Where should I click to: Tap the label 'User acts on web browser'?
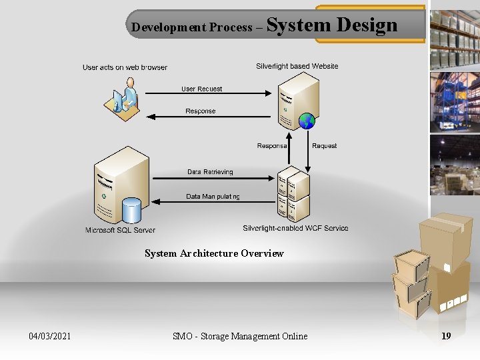pyautogui.click(x=125, y=67)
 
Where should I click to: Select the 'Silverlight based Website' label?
pyautogui.click(x=297, y=66)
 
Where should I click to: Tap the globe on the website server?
pyautogui.click(x=307, y=121)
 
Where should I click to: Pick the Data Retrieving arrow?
pyautogui.click(x=213, y=178)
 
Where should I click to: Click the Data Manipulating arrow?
pyautogui.click(x=213, y=203)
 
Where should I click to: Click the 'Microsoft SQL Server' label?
pyautogui.click(x=120, y=230)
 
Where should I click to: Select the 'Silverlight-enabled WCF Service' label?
pyautogui.click(x=295, y=228)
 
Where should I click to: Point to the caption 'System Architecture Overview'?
pyautogui.click(x=214, y=253)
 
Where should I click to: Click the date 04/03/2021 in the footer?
pyautogui.click(x=50, y=336)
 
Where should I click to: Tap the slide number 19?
pyautogui.click(x=446, y=336)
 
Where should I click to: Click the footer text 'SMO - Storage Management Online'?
pyautogui.click(x=240, y=336)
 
